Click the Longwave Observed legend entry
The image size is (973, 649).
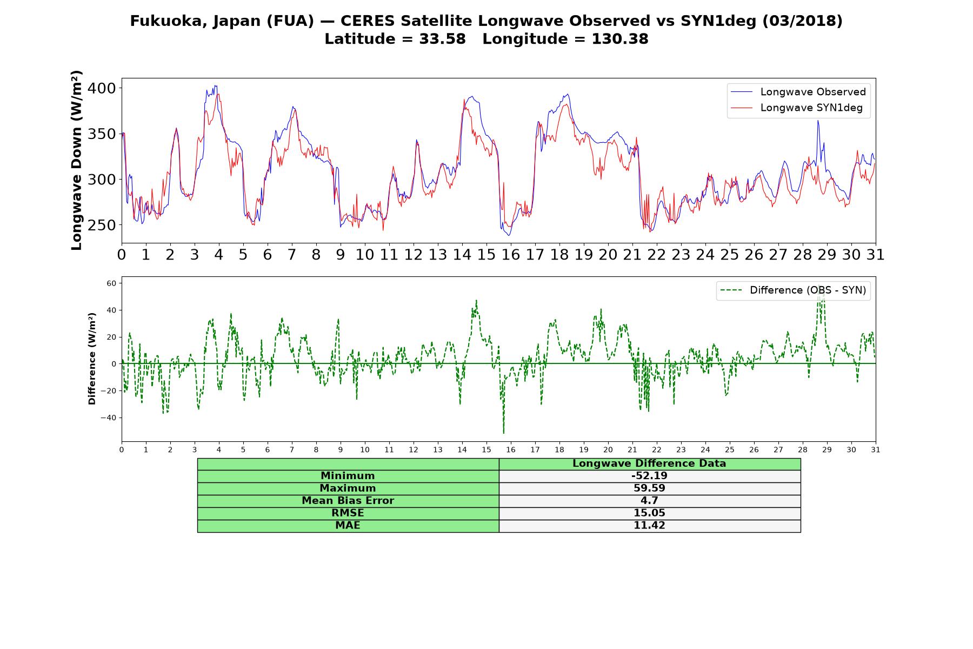[798, 92]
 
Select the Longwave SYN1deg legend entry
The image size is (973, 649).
[796, 108]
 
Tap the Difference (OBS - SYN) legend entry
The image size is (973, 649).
[793, 290]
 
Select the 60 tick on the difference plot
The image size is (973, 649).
[111, 283]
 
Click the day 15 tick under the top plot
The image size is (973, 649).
[486, 255]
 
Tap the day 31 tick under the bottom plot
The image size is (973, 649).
[876, 449]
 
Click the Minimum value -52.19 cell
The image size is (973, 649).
[649, 476]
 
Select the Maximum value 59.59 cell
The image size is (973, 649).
[649, 488]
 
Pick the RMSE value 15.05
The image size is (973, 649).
[649, 513]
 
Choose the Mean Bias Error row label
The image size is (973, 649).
[348, 501]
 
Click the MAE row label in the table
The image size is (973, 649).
[348, 526]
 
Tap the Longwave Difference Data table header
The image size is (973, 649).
[649, 463]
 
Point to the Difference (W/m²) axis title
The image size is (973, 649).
[92, 359]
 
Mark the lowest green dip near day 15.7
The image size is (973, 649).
[504, 433]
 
